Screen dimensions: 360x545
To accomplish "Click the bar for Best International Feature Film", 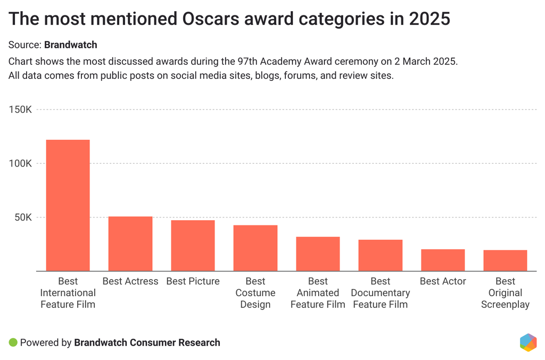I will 68,205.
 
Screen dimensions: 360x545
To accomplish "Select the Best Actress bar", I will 130,244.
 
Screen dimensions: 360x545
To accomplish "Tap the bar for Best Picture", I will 193,246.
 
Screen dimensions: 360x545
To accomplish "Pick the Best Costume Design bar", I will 255,248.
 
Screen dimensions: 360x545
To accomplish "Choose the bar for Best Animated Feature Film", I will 318,254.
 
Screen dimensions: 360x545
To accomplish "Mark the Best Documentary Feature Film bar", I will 381,255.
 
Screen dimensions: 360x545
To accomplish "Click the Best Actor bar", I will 443,260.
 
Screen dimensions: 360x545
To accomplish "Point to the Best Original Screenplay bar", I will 505,261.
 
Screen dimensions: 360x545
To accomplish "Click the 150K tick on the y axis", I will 21,110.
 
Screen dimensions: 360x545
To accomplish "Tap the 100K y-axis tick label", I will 21,163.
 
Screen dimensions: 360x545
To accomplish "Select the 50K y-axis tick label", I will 23,217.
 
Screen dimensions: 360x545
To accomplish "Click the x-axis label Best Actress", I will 130,281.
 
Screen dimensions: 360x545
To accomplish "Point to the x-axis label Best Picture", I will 193,281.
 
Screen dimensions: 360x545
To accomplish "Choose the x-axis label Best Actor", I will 443,281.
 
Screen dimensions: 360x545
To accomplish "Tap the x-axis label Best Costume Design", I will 255,293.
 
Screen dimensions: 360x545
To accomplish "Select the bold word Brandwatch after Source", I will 71,45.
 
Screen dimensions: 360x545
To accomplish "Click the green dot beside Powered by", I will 13,342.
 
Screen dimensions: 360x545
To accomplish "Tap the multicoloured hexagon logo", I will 527,342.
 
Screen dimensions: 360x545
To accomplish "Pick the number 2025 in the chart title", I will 430,19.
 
